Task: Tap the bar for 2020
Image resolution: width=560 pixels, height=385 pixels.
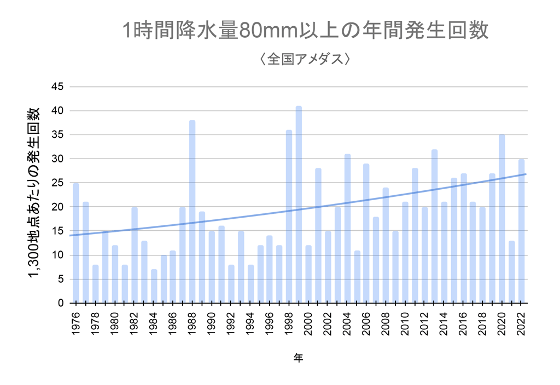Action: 502,219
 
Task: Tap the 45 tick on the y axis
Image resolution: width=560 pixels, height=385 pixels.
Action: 57,87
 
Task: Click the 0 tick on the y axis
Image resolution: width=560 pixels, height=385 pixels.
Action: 61,304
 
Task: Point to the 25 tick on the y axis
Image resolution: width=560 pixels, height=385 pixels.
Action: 57,183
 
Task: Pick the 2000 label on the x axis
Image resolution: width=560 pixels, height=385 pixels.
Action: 308,323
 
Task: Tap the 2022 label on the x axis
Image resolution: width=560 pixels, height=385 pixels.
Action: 521,323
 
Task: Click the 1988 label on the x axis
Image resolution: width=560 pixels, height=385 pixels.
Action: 192,323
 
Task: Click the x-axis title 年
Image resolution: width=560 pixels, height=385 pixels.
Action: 298,358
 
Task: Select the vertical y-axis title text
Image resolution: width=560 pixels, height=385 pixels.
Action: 34,192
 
